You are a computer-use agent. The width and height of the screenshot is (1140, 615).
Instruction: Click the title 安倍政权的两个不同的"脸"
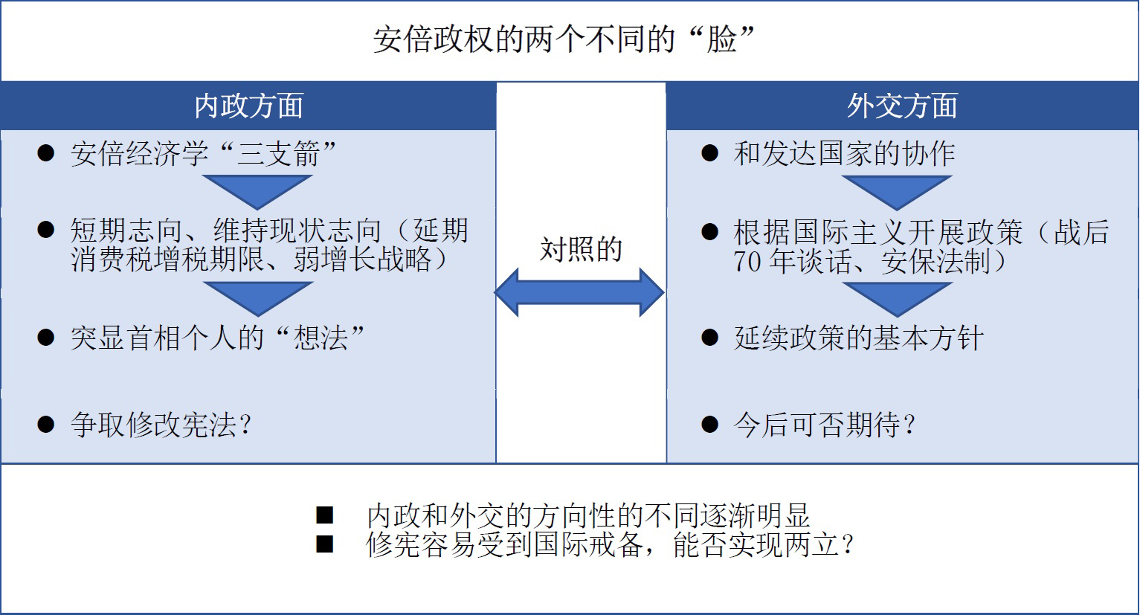pos(564,39)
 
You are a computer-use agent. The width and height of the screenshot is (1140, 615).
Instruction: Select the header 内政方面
pos(249,106)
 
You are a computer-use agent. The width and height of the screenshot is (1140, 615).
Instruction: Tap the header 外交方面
pos(902,106)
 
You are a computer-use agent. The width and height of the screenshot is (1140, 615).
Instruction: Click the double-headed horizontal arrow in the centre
pos(579,293)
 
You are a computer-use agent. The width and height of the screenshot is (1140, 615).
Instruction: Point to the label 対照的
pos(581,249)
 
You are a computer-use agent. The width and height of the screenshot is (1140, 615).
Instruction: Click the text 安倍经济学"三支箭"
pos(203,153)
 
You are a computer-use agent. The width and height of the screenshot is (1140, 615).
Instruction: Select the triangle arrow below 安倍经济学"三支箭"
pos(257,193)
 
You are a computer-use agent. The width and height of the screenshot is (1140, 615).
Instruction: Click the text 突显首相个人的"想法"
pos(217,338)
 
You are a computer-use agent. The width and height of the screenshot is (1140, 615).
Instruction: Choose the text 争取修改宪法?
pos(161,425)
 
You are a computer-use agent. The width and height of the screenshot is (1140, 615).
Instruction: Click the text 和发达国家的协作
pos(844,153)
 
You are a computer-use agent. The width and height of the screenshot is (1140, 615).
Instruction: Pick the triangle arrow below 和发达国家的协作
pos(897,193)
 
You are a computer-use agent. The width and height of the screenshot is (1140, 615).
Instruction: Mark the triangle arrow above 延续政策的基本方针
pos(898,300)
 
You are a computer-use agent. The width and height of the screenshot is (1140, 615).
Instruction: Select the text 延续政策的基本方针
pos(858,338)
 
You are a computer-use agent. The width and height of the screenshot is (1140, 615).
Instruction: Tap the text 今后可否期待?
pos(825,425)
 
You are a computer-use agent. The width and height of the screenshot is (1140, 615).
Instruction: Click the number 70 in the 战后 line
pos(747,262)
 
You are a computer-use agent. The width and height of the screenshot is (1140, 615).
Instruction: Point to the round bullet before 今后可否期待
pos(709,425)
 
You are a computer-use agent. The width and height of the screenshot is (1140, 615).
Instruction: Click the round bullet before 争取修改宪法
pos(46,425)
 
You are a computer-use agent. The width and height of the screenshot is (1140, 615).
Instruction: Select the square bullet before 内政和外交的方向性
pos(325,515)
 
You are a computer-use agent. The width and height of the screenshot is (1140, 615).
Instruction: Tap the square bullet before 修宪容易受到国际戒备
pos(325,544)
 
